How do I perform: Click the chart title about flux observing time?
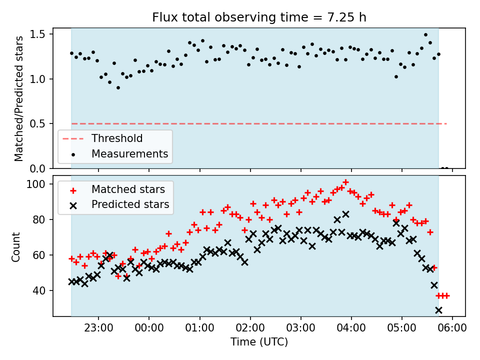coord(259,17)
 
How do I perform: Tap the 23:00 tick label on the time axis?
coord(98,329)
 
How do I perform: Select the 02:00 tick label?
coord(250,329)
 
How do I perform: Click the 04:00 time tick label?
coord(351,329)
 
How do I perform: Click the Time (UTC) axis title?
coord(259,342)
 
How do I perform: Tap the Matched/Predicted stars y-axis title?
coord(19,98)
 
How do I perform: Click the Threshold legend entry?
coord(116,138)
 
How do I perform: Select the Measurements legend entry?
coord(129,153)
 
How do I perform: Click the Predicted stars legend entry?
coord(130,204)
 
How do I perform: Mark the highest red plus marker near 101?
coord(345,182)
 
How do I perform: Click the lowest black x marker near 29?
coord(438,310)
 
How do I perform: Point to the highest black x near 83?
coord(345,214)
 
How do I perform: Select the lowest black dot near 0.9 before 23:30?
coord(118,87)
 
